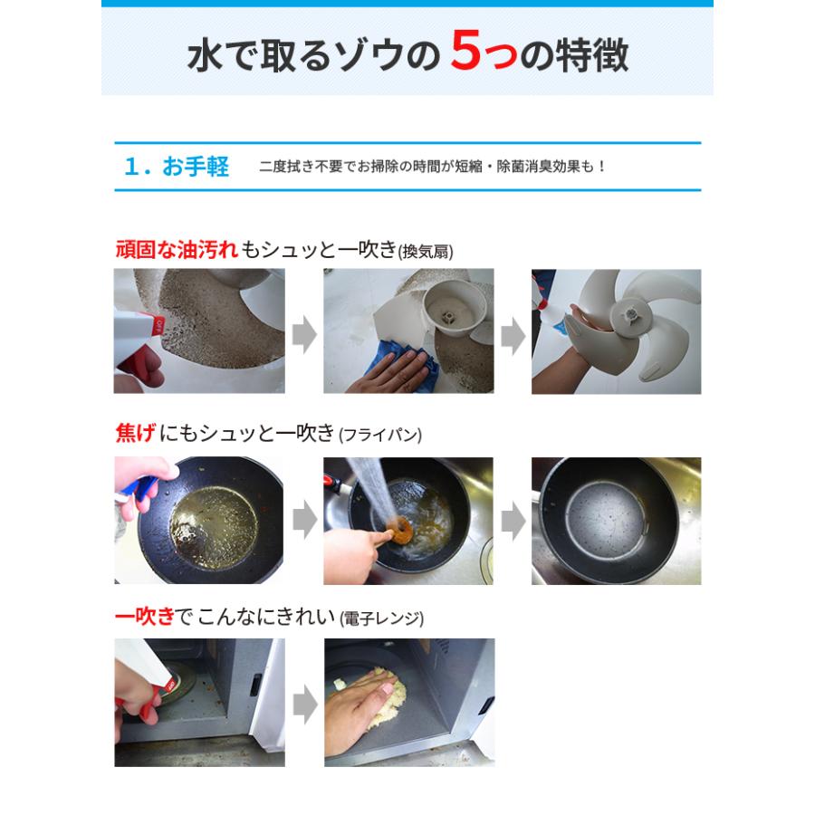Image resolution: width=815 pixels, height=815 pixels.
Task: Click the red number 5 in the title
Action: pyautogui.click(x=470, y=54)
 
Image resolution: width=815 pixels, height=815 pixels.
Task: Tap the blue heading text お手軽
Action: pyautogui.click(x=196, y=167)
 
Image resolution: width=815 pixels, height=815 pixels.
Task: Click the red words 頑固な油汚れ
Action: pyautogui.click(x=177, y=250)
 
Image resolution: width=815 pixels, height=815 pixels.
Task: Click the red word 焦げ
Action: pyautogui.click(x=135, y=434)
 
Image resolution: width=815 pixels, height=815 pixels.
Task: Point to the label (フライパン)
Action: pyautogui.click(x=380, y=436)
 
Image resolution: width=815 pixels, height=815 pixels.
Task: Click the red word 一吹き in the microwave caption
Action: pyautogui.click(x=146, y=618)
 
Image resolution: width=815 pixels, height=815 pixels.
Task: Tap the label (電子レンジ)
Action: pyautogui.click(x=381, y=619)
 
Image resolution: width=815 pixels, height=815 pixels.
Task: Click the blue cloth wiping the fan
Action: pyautogui.click(x=412, y=367)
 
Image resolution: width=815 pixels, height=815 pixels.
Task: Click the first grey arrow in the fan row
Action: pyautogui.click(x=304, y=336)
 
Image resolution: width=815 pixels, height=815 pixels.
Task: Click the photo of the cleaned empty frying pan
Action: pyautogui.click(x=616, y=521)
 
